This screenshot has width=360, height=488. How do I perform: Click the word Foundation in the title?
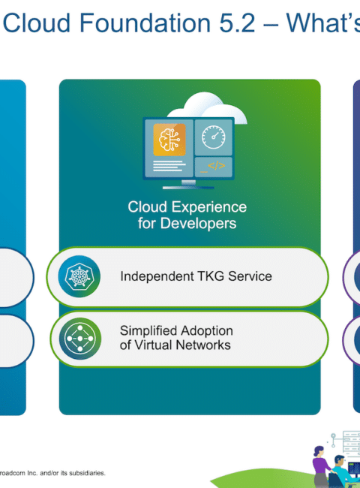point(145,23)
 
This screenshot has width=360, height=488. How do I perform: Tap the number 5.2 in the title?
point(237,23)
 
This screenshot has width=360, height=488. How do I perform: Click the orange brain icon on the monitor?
point(169,140)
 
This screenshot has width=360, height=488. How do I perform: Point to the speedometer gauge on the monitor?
point(213,137)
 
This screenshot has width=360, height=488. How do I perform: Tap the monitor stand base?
point(188,188)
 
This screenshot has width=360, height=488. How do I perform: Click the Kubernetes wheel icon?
point(79,276)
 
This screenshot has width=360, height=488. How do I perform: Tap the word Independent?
point(157,276)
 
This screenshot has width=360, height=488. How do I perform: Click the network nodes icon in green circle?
point(80,339)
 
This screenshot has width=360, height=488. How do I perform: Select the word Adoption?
point(207,331)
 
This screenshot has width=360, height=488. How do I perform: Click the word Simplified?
point(148,331)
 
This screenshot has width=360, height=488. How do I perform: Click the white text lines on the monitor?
point(169,166)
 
